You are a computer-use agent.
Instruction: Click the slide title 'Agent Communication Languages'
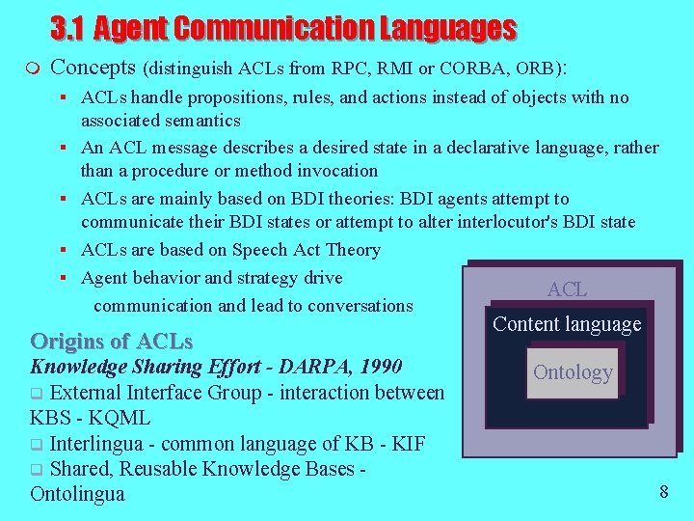point(305,29)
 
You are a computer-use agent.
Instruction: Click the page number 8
point(663,492)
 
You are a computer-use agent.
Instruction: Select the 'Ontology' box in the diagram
point(573,372)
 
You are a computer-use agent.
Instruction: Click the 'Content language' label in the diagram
point(567,324)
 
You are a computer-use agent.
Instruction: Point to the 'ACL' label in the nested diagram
point(567,289)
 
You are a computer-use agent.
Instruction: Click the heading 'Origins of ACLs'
point(112,342)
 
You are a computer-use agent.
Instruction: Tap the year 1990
point(381,367)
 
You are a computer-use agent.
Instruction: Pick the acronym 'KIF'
point(408,444)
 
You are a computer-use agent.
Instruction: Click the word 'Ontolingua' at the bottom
point(77,494)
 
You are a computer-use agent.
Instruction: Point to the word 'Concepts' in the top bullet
point(93,68)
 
